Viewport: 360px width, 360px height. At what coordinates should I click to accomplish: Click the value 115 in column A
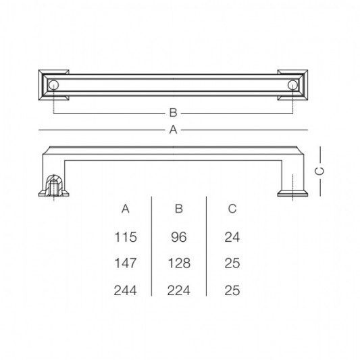pyautogui.click(x=126, y=237)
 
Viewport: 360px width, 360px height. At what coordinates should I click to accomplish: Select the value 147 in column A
pyautogui.click(x=126, y=263)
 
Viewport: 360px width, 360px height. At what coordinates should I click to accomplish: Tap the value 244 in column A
pyautogui.click(x=126, y=290)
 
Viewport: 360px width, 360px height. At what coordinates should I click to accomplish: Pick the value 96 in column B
pyautogui.click(x=179, y=237)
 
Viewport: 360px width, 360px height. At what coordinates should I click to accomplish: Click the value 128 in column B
pyautogui.click(x=179, y=263)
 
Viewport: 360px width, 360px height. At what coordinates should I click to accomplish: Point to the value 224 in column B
pyautogui.click(x=179, y=290)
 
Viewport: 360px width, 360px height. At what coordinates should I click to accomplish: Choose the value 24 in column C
pyautogui.click(x=232, y=237)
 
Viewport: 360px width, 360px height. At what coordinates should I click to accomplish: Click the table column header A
pyautogui.click(x=126, y=209)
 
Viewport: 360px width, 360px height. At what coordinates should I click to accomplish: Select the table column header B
pyautogui.click(x=179, y=209)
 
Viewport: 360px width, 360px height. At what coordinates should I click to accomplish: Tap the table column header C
pyautogui.click(x=232, y=209)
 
